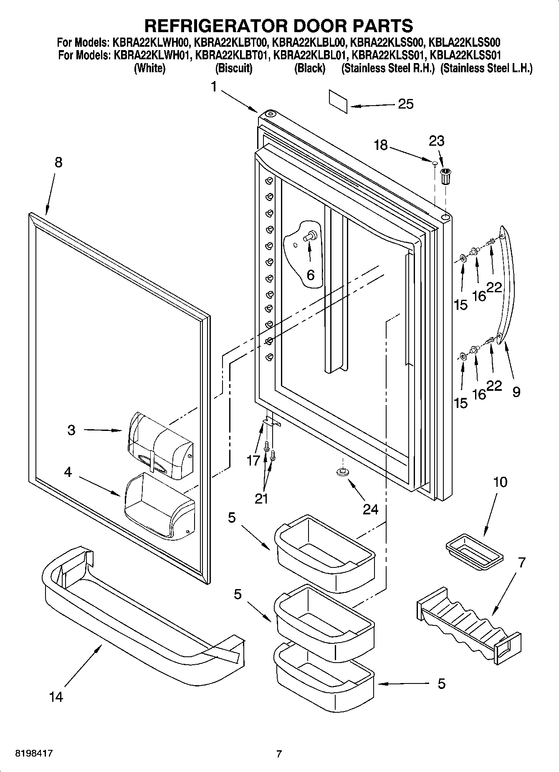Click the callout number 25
[x=405, y=104]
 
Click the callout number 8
[x=58, y=162]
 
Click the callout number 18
[x=381, y=145]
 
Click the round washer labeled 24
[x=341, y=472]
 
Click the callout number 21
[x=261, y=499]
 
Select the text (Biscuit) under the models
[x=233, y=68]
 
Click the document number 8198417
[x=33, y=754]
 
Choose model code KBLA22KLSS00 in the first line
[x=465, y=43]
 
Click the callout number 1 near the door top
[x=214, y=87]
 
